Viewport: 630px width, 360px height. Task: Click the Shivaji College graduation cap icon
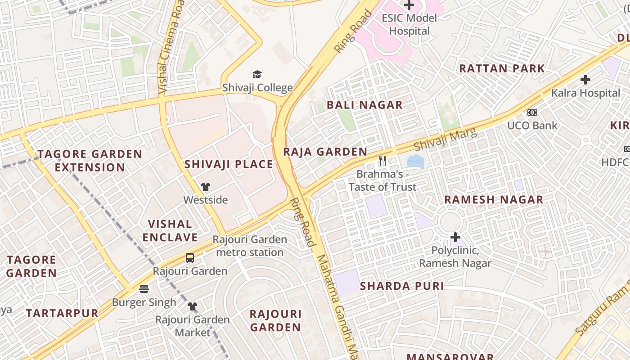(x=257, y=74)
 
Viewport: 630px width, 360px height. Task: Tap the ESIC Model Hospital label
(x=409, y=25)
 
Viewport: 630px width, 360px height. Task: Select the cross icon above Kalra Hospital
(x=585, y=80)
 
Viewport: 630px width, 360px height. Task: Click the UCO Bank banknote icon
(x=532, y=112)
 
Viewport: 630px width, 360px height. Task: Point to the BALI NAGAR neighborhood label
(x=364, y=105)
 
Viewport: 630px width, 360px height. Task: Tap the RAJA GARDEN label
(x=325, y=152)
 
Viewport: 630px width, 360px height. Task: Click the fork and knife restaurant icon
(x=382, y=161)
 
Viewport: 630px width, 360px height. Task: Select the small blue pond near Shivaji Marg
(x=415, y=162)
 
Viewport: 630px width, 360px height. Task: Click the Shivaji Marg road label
(x=445, y=140)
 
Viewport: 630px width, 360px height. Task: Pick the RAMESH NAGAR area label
(x=494, y=200)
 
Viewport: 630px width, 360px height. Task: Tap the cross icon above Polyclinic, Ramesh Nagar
(x=455, y=237)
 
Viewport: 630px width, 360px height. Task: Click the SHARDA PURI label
(x=402, y=286)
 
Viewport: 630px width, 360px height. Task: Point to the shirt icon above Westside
(x=206, y=187)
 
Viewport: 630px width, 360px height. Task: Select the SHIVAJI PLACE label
(x=229, y=165)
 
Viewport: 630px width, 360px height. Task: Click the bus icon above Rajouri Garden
(x=190, y=258)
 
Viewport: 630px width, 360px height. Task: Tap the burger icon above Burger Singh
(x=144, y=288)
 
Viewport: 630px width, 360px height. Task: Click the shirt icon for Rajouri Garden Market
(x=193, y=306)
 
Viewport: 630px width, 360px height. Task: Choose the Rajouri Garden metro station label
(x=250, y=246)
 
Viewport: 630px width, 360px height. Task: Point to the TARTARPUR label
(x=62, y=314)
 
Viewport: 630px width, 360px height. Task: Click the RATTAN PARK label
(x=502, y=69)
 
